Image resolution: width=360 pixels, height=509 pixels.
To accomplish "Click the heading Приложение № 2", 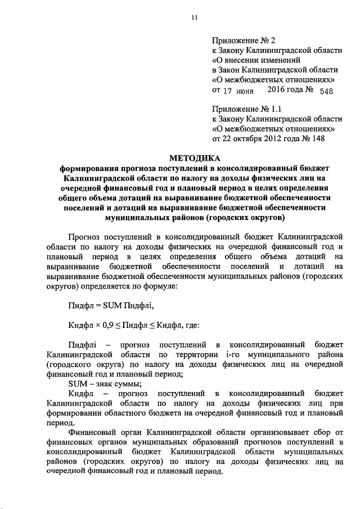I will (244, 40).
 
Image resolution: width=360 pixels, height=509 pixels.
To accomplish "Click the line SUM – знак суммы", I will (101, 384).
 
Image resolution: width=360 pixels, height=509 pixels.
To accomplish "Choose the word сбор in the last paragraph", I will (334, 432).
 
